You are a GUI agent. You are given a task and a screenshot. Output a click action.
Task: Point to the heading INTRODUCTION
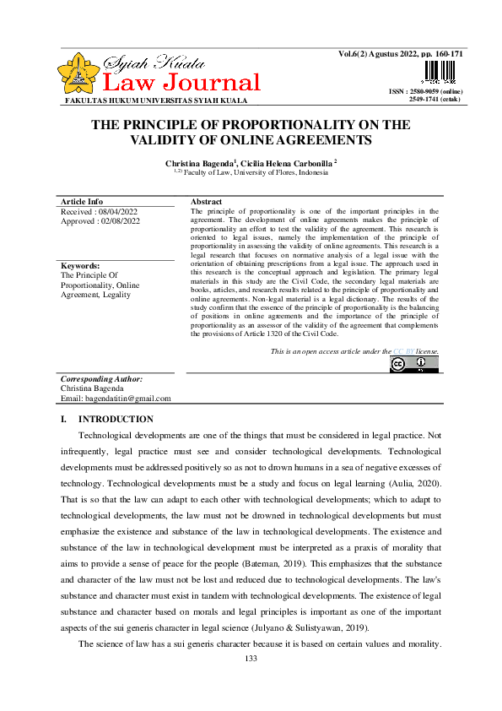tap(116, 419)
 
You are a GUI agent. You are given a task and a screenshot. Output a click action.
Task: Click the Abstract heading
tap(206, 202)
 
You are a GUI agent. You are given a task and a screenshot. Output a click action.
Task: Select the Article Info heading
tap(82, 202)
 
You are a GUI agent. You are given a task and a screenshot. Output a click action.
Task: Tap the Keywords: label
tap(80, 265)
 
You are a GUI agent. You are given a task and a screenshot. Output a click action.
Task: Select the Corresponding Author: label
tap(101, 380)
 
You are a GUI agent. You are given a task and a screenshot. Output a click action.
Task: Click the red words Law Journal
tap(181, 83)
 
